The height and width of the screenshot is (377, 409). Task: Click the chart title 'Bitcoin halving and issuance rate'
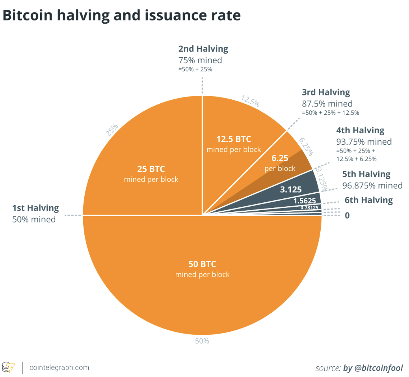point(122,15)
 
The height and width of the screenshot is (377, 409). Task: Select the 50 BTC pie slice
point(202,276)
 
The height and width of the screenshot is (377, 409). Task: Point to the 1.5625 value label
point(305,201)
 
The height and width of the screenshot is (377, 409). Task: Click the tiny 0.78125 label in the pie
point(309,207)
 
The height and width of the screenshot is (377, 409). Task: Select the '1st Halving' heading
point(35,208)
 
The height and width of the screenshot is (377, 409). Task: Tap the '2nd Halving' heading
point(203,49)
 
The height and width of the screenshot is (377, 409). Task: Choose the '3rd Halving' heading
point(325,92)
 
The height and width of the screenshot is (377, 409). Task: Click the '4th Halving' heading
point(360,130)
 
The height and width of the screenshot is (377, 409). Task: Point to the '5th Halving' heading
point(366,174)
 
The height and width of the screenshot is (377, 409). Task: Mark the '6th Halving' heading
point(368,200)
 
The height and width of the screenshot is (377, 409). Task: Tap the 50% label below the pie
point(202,341)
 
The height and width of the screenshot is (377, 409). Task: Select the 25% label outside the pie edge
point(112,131)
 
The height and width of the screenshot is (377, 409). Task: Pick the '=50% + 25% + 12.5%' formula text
point(330,113)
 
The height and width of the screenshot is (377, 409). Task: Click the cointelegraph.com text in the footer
point(59,368)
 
